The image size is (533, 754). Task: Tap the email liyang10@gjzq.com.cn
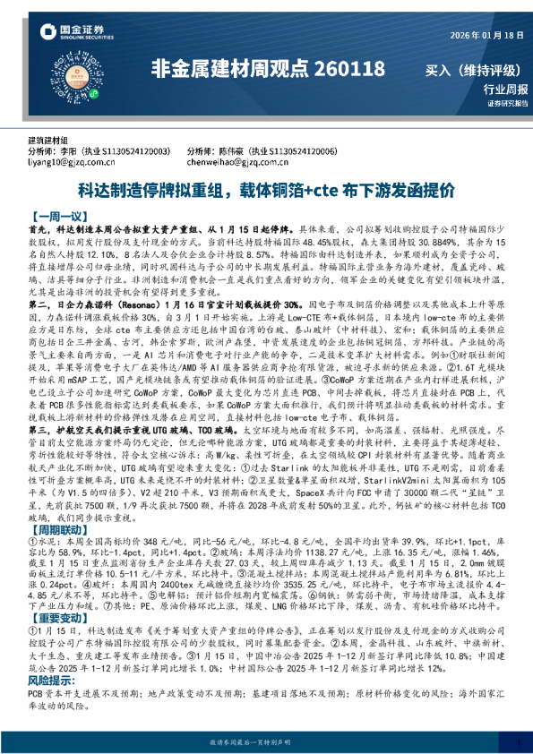pyautogui.click(x=73, y=163)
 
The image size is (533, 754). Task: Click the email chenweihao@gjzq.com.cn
pyautogui.click(x=237, y=163)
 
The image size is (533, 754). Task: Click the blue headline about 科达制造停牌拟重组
pyautogui.click(x=266, y=191)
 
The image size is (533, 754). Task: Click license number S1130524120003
pyautogui.click(x=136, y=152)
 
